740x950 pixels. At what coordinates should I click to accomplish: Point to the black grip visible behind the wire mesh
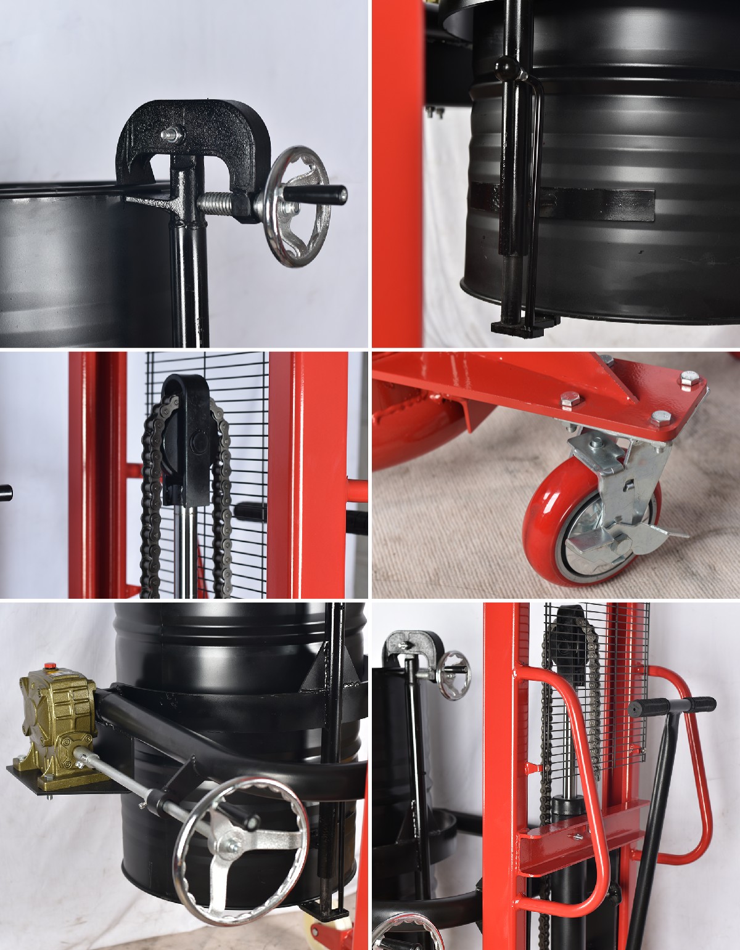coord(250,511)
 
